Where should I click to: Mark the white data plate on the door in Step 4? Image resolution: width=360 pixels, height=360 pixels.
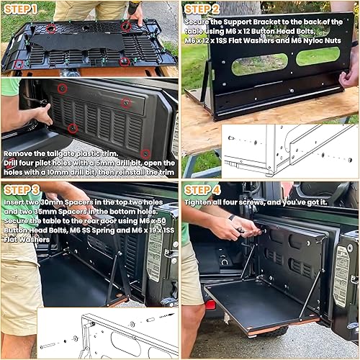(x=341, y=274)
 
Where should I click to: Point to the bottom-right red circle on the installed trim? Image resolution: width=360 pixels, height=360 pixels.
(x=146, y=154)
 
